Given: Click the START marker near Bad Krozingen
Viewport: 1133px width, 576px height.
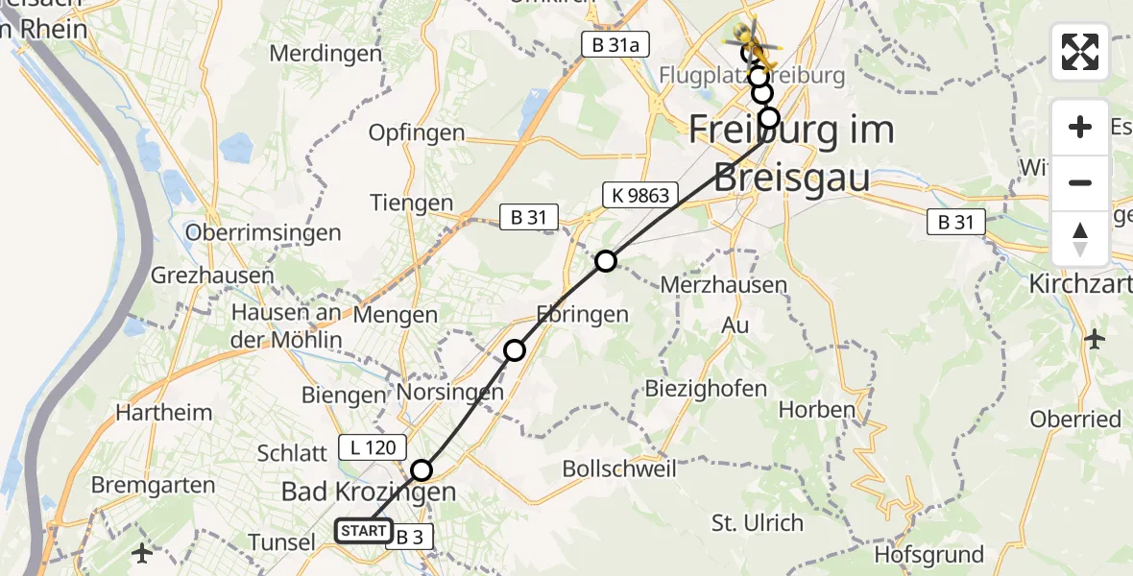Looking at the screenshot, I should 364,530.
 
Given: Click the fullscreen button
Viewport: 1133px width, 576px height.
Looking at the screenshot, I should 1080,52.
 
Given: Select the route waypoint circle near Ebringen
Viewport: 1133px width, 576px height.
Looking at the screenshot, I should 515,350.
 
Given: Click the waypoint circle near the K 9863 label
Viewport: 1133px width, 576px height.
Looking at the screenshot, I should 606,261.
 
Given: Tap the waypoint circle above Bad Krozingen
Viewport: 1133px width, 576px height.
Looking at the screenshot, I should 422,470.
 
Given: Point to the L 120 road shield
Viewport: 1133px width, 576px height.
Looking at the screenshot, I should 373,446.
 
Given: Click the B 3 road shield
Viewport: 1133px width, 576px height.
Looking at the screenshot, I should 411,538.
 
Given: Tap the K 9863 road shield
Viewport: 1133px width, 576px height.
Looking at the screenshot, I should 640,196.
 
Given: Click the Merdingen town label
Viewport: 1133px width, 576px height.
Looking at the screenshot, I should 325,54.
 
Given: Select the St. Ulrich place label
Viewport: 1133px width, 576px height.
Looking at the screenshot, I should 757,523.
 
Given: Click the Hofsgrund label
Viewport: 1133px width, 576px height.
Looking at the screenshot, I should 929,555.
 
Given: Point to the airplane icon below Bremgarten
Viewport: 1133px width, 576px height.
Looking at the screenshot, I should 142,553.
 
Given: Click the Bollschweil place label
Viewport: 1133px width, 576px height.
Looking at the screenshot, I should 619,469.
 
